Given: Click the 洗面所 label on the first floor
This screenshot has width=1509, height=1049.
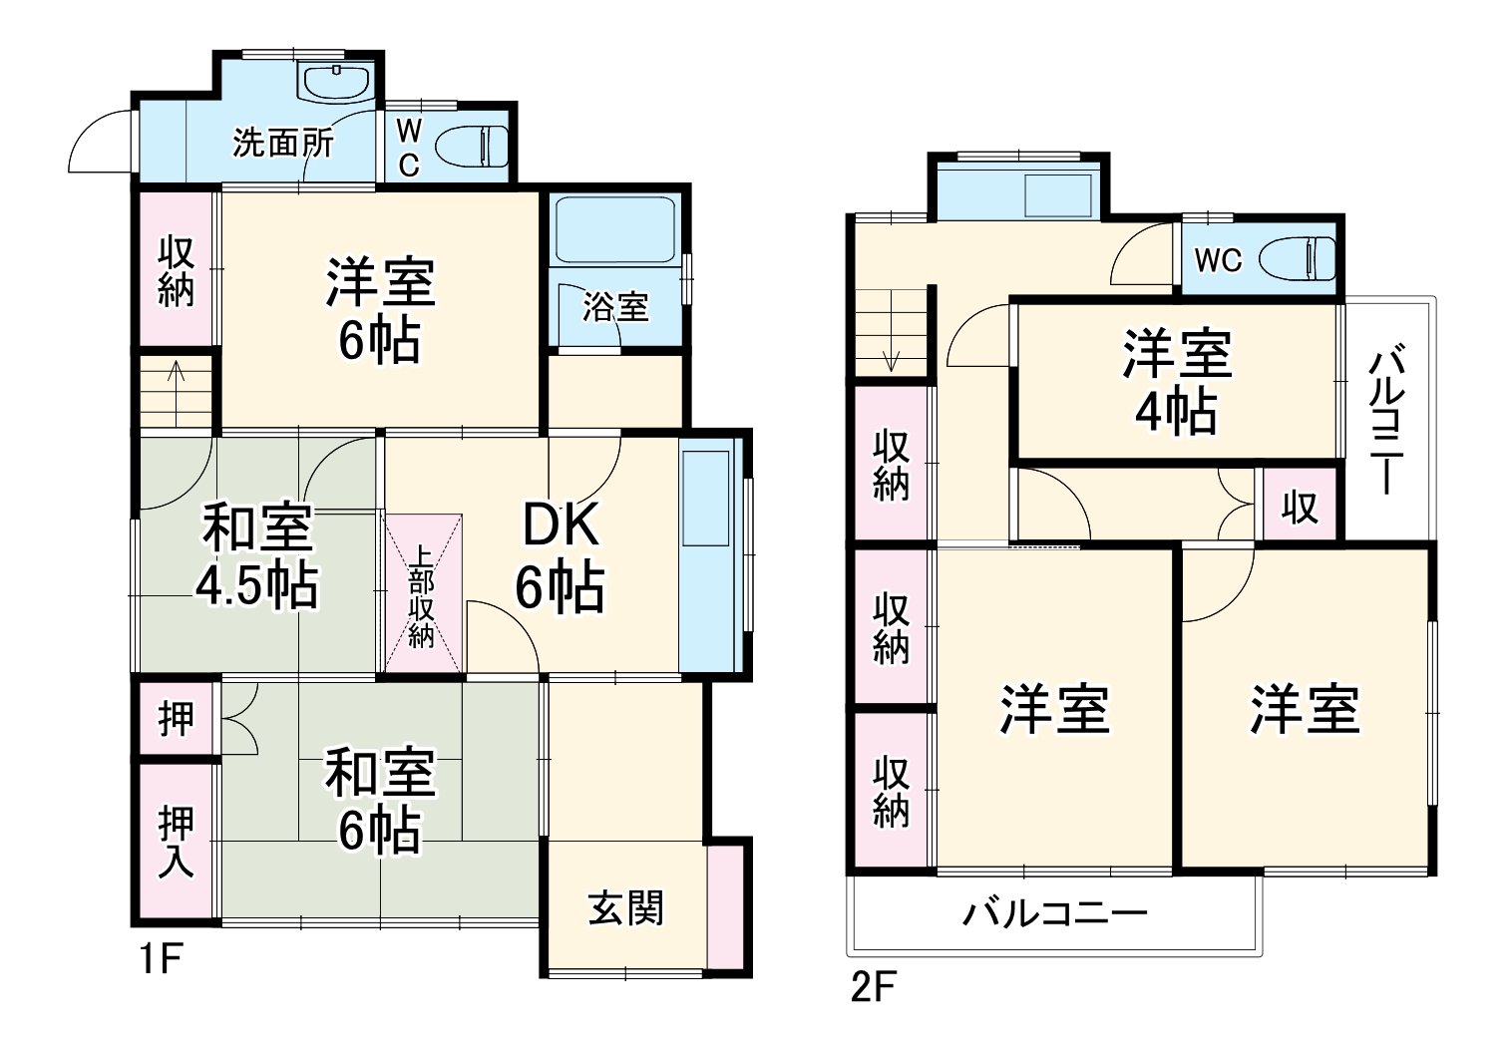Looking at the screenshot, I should coord(283,144).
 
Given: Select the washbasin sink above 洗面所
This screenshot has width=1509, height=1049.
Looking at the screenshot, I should coord(336,82).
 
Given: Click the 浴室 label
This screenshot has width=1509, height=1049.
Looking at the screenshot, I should coord(615,308).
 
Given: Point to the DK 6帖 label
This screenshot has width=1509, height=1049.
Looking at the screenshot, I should coord(560,557).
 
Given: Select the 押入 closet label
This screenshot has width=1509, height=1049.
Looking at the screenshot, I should coord(177,842).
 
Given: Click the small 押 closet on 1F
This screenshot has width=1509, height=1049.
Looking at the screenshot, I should coord(177,717).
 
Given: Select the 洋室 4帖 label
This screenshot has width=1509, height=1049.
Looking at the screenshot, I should coord(1177,381).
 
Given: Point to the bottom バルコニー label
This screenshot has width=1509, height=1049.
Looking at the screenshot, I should coord(1054,913).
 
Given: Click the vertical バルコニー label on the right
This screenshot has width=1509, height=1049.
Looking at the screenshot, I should coord(1387,420).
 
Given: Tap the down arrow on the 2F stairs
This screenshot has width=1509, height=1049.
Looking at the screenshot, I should coord(891,358).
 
